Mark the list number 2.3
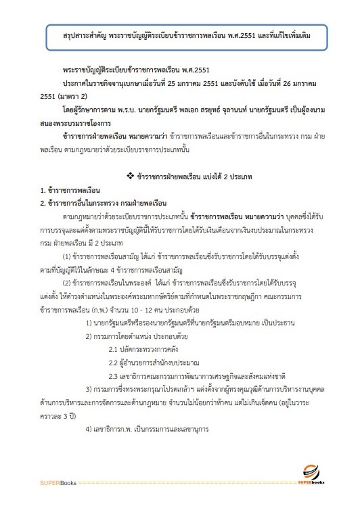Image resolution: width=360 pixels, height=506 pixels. [114, 375]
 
